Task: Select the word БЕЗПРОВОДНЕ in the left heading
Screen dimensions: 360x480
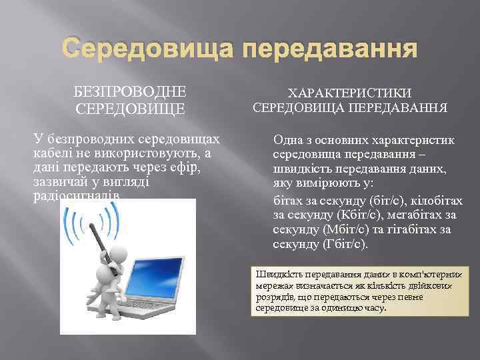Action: tap(130, 91)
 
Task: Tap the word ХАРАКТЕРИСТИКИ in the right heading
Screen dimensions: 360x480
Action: tap(349, 93)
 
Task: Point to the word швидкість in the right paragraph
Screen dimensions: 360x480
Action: tap(301, 169)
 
